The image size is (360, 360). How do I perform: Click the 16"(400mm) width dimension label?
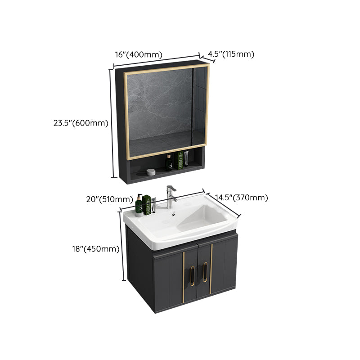[138, 55]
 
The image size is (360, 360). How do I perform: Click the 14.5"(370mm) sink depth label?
[241, 198]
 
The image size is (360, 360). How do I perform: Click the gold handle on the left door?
[192, 274]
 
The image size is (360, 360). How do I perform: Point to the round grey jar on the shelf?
[151, 171]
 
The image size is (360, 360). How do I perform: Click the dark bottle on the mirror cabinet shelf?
[169, 162]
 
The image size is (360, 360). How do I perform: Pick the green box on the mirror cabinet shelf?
[180, 160]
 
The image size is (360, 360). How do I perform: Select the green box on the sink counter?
[147, 205]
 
